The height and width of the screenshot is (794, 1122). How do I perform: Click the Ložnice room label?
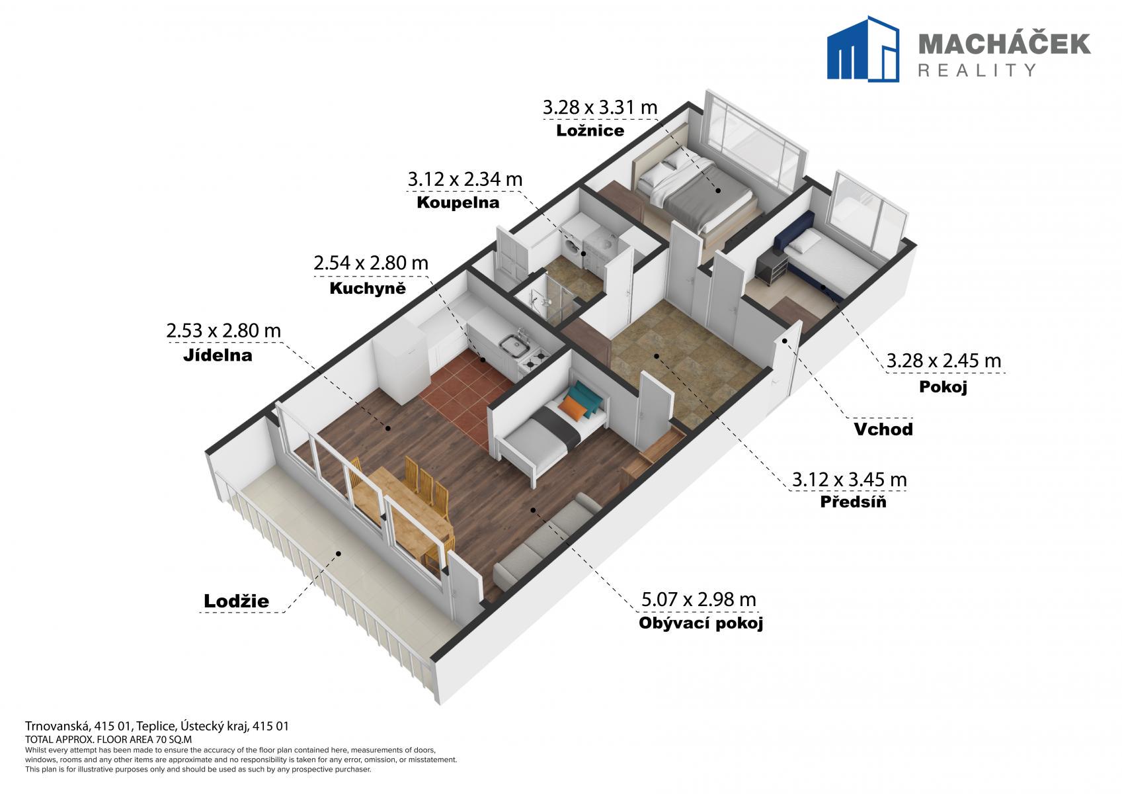(x=590, y=131)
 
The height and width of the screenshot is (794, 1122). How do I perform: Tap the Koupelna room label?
(x=458, y=202)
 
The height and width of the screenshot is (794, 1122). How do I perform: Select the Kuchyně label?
(x=368, y=288)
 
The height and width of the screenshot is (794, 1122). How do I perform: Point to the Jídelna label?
(x=218, y=355)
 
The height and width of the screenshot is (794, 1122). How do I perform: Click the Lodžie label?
(x=237, y=601)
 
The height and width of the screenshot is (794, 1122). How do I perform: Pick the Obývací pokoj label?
(x=701, y=623)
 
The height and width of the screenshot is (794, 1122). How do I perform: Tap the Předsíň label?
(x=853, y=502)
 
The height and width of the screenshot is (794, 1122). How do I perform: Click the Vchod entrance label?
(x=883, y=429)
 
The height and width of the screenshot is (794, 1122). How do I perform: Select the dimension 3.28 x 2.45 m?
(x=943, y=361)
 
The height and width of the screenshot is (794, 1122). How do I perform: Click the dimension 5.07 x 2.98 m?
(x=699, y=599)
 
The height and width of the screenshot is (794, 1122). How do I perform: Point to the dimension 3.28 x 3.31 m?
(x=600, y=107)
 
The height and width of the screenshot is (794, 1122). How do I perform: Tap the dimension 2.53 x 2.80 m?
(x=223, y=331)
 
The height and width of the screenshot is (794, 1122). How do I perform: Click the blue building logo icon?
(x=863, y=48)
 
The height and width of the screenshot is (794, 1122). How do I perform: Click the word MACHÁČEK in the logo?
(x=1004, y=44)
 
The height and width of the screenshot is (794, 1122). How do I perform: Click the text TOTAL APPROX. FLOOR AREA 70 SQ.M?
(x=108, y=739)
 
